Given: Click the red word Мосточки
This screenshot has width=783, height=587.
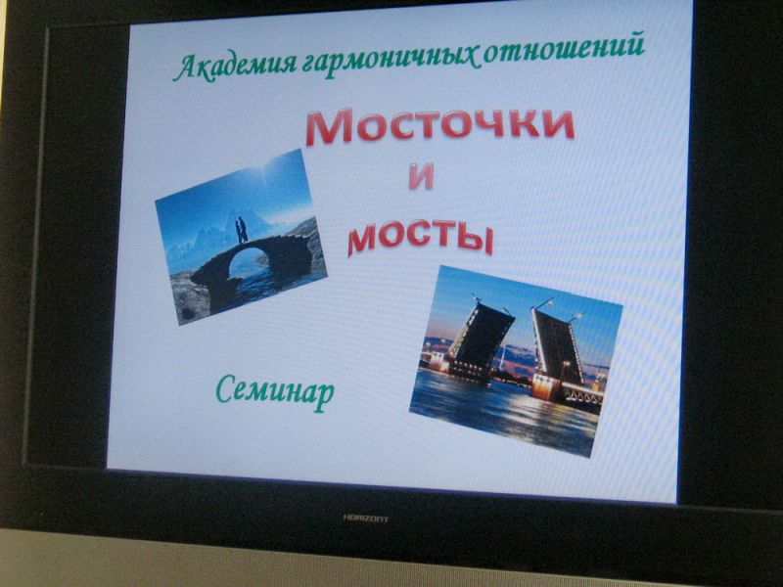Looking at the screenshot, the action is (439, 125).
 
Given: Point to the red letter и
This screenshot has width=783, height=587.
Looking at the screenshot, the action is (420, 177).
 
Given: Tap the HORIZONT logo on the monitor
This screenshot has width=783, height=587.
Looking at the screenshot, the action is (365, 519).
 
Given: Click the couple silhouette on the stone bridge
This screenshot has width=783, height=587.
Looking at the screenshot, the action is (241, 230).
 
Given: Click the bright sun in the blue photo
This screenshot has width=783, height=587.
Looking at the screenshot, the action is (260, 172).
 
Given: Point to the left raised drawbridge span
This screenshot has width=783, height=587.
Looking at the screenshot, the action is (481, 335).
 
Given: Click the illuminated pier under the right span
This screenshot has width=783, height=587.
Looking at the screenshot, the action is (544, 386).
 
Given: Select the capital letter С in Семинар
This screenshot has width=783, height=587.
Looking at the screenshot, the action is (227, 388).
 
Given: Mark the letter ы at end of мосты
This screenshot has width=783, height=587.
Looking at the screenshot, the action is (476, 240).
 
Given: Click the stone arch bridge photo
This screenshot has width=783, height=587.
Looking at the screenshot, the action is (241, 237).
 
